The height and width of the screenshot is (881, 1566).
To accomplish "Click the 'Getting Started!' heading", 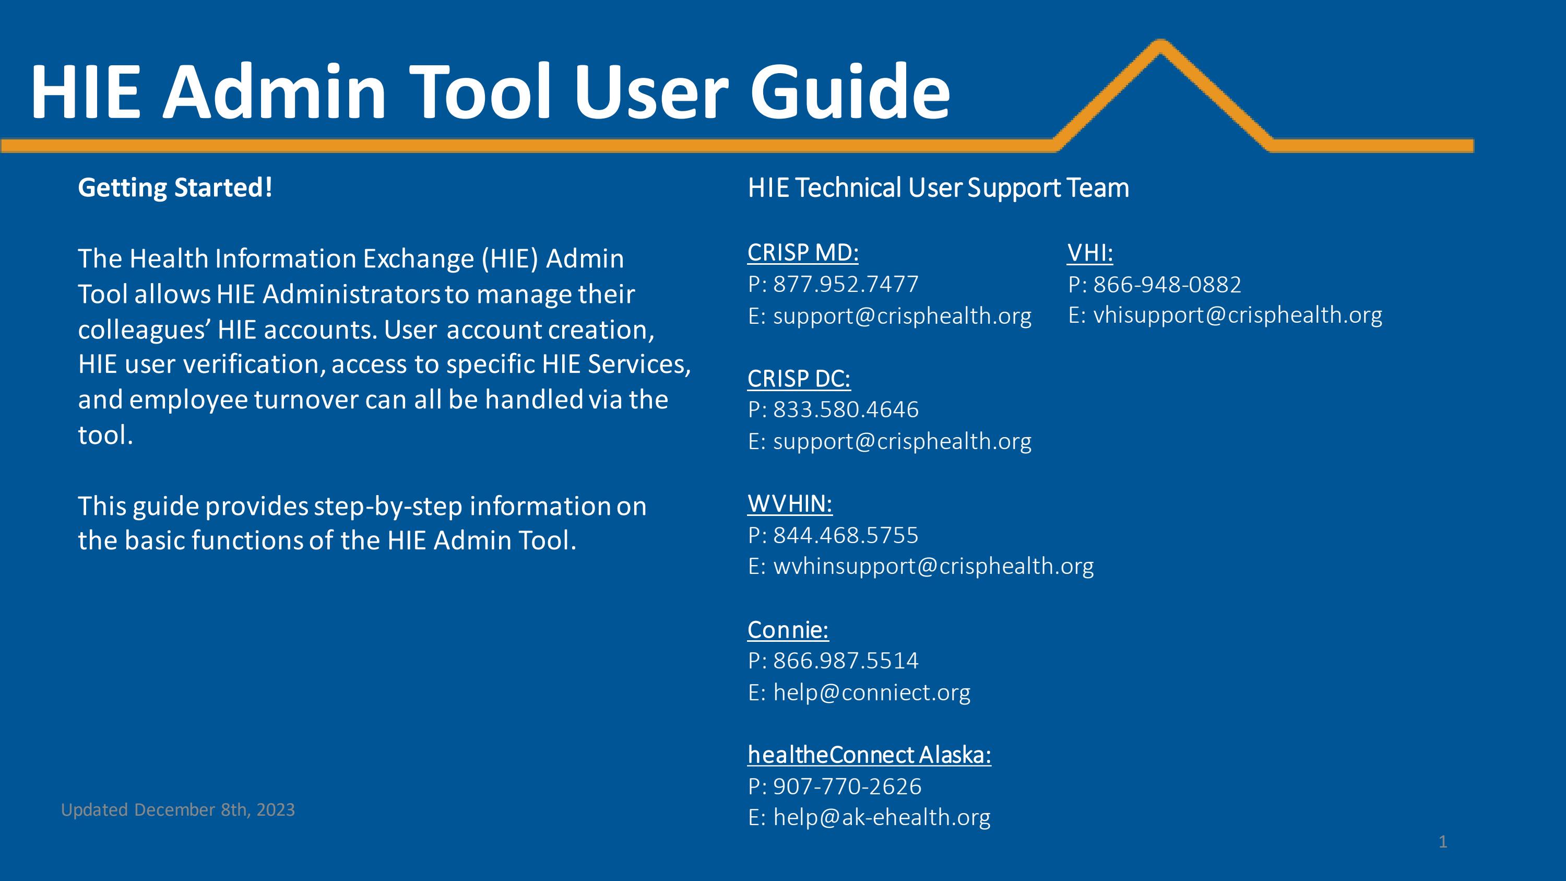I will pyautogui.click(x=175, y=187).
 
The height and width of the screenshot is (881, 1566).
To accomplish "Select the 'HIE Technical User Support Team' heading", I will pyautogui.click(x=938, y=187).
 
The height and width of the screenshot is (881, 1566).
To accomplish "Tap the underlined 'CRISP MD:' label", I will pyautogui.click(x=802, y=253).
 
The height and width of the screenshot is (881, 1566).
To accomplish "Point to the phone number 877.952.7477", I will pyautogui.click(x=845, y=285).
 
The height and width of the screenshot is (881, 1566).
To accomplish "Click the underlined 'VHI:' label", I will pyautogui.click(x=1090, y=253).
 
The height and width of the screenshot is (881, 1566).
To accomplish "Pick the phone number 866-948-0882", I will pyautogui.click(x=1167, y=285).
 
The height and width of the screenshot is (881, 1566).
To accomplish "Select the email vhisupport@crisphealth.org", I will pyautogui.click(x=1237, y=315).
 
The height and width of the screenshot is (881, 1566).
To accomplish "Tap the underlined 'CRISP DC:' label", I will pyautogui.click(x=799, y=379).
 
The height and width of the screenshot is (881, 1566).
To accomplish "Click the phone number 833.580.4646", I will pyautogui.click(x=845, y=410).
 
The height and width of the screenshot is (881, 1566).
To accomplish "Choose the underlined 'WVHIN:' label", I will pyautogui.click(x=790, y=504).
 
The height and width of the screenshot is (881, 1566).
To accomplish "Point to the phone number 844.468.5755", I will pyautogui.click(x=845, y=535).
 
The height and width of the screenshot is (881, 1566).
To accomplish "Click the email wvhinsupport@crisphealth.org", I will pyautogui.click(x=933, y=566).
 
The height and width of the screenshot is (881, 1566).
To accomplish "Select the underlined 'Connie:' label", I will pyautogui.click(x=788, y=630).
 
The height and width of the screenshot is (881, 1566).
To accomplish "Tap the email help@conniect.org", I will pyautogui.click(x=871, y=692).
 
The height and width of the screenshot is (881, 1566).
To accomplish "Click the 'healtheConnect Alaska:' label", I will pyautogui.click(x=869, y=755).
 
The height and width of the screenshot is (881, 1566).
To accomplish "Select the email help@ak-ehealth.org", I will pyautogui.click(x=882, y=817).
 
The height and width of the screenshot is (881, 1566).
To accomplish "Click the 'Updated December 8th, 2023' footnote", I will pyautogui.click(x=177, y=810).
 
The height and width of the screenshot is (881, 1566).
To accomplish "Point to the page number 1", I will pyautogui.click(x=1443, y=842).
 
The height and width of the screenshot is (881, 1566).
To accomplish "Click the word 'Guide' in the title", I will pyautogui.click(x=850, y=92).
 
